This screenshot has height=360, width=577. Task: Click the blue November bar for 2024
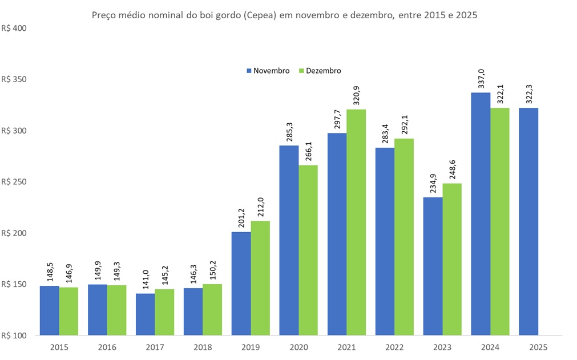point(480,214)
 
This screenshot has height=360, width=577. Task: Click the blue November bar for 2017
point(145,314)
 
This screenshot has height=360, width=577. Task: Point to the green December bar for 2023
point(452,259)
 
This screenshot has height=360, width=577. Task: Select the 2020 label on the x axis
point(298,346)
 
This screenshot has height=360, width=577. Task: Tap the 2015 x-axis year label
point(59,346)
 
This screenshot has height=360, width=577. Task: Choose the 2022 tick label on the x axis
point(394,346)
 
